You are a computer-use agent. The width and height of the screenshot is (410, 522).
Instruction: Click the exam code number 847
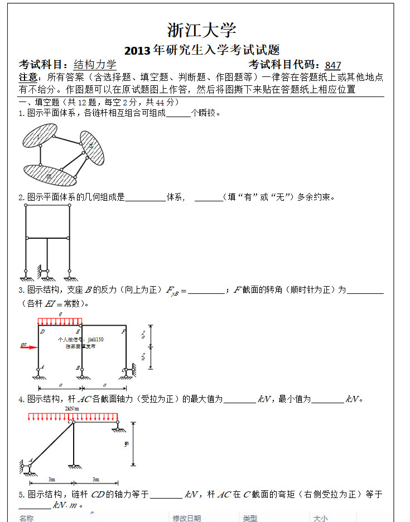point(332,65)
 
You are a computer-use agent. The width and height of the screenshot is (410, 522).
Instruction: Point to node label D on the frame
point(42,331)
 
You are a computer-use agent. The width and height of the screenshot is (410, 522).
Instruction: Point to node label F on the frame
point(123,331)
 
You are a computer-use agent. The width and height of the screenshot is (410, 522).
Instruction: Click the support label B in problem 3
point(79,368)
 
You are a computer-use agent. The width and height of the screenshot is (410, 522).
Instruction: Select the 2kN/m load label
point(72,408)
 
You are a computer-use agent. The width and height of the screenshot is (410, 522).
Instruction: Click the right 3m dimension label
point(95,479)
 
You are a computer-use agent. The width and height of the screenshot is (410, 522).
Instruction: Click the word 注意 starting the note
point(28,78)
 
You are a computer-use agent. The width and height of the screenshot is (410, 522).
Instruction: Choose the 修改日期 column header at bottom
point(186,518)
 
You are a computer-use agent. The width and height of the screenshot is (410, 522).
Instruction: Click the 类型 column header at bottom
point(250,518)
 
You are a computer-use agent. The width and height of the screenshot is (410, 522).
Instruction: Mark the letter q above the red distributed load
point(60,315)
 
